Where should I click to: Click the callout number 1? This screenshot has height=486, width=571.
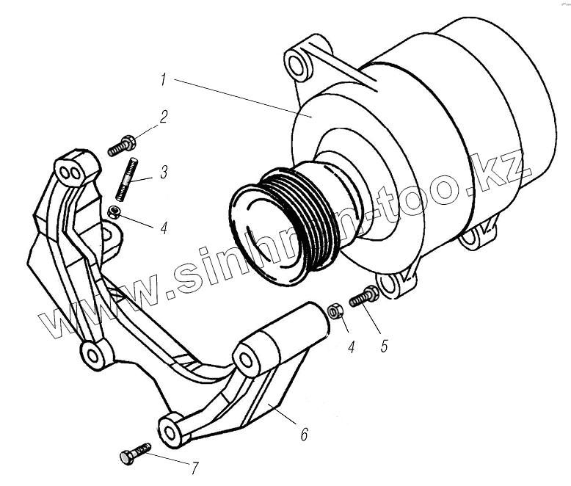167,77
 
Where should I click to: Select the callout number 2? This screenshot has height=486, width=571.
164,117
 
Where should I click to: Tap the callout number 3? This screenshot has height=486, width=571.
163,173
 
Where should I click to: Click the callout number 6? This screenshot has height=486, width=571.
303,435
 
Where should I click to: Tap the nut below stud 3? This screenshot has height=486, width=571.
114,213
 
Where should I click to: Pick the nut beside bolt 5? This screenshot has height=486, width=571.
336,312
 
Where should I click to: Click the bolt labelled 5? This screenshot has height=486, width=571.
364,298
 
